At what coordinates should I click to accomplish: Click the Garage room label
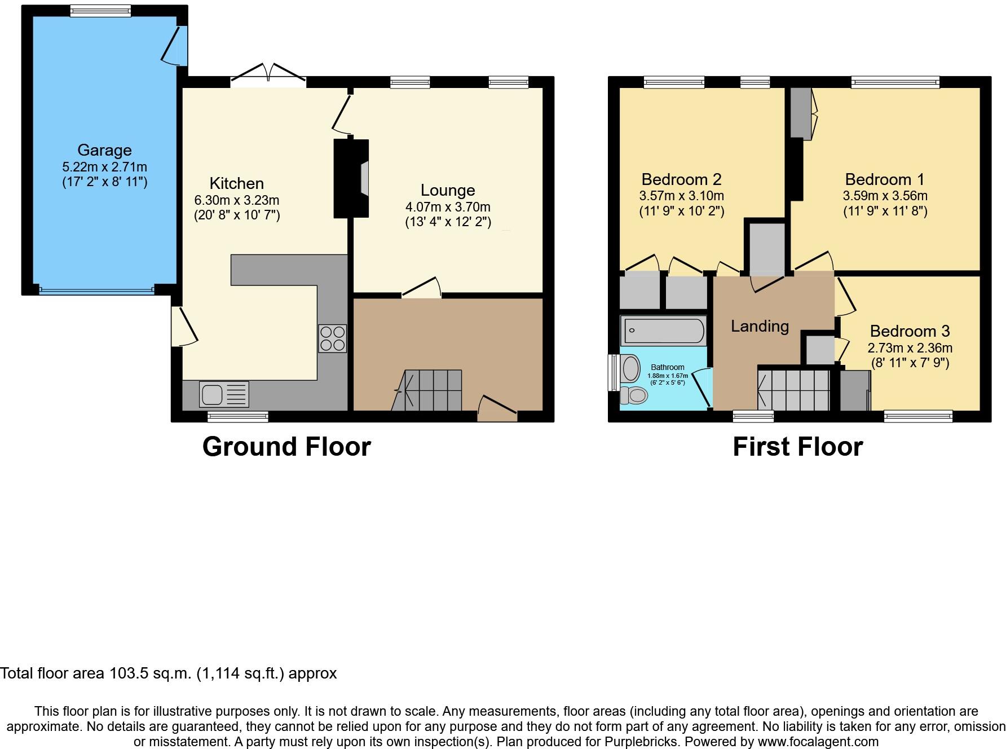(104, 150)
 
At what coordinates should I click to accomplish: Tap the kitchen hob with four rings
(332, 338)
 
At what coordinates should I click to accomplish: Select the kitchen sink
(224, 394)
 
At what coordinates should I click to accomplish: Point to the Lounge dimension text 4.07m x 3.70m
(448, 207)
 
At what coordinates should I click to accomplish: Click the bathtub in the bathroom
(663, 331)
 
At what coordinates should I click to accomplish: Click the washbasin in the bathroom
(630, 368)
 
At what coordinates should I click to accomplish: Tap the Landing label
(760, 326)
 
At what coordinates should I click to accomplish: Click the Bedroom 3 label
(910, 331)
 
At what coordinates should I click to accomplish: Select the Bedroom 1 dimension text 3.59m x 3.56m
(885, 196)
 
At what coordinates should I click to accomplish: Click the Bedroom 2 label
(681, 179)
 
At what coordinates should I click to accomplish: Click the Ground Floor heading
(286, 447)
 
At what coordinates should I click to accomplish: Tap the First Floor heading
(797, 447)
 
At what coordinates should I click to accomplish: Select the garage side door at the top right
(175, 45)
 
